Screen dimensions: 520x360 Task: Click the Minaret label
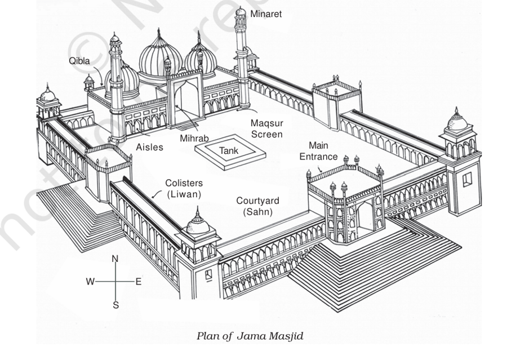coord(266,14)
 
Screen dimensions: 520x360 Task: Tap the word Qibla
coord(79,61)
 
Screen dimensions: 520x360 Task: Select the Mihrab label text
coord(194,138)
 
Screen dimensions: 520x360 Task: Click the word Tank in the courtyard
coord(229,151)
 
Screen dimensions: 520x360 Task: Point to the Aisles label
coord(149,147)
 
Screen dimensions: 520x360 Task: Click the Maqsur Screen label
coord(267,128)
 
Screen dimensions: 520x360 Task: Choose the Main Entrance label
coord(318,151)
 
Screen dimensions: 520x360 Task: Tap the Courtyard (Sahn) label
coord(257,206)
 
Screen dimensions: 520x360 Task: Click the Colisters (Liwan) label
coord(184,189)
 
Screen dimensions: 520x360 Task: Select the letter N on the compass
coord(115,259)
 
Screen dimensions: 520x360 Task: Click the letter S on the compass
coord(115,305)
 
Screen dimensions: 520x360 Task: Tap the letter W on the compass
coord(90,282)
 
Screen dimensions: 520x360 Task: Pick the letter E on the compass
coord(139,282)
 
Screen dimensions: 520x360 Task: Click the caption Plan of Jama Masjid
coord(250,336)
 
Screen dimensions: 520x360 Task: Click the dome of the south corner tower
coord(198,224)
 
